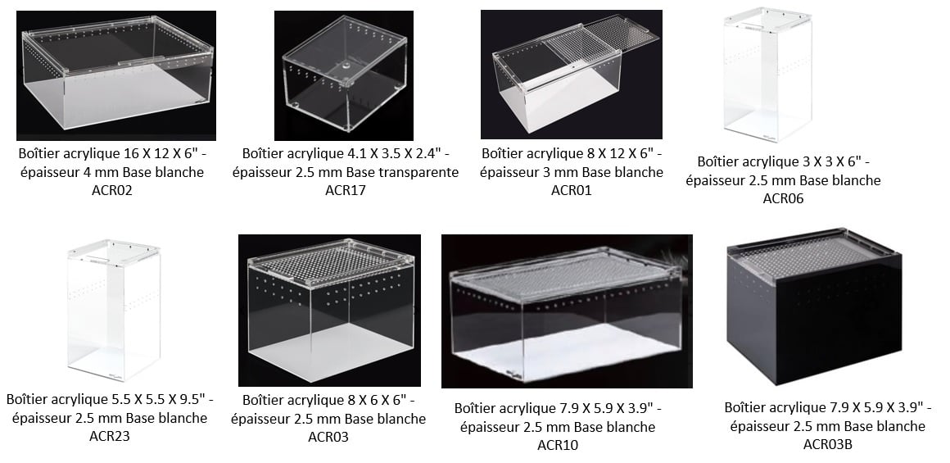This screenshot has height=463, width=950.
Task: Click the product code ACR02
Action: point(112,190)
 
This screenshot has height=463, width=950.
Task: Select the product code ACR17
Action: point(346,190)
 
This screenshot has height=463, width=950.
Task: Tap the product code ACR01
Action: point(572,190)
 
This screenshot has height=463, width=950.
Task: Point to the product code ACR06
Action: point(784,198)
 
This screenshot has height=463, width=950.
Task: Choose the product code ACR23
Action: point(110,436)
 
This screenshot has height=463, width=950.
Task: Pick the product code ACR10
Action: point(558,446)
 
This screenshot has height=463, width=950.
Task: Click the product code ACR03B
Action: point(828,444)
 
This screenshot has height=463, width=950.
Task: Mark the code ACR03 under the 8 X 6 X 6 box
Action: point(328,436)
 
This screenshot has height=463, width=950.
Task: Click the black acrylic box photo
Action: point(814,306)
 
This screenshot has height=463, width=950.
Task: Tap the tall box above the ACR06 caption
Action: point(767,74)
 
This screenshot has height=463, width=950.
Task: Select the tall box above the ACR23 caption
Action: point(114,311)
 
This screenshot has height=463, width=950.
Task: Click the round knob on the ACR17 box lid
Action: point(346,64)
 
